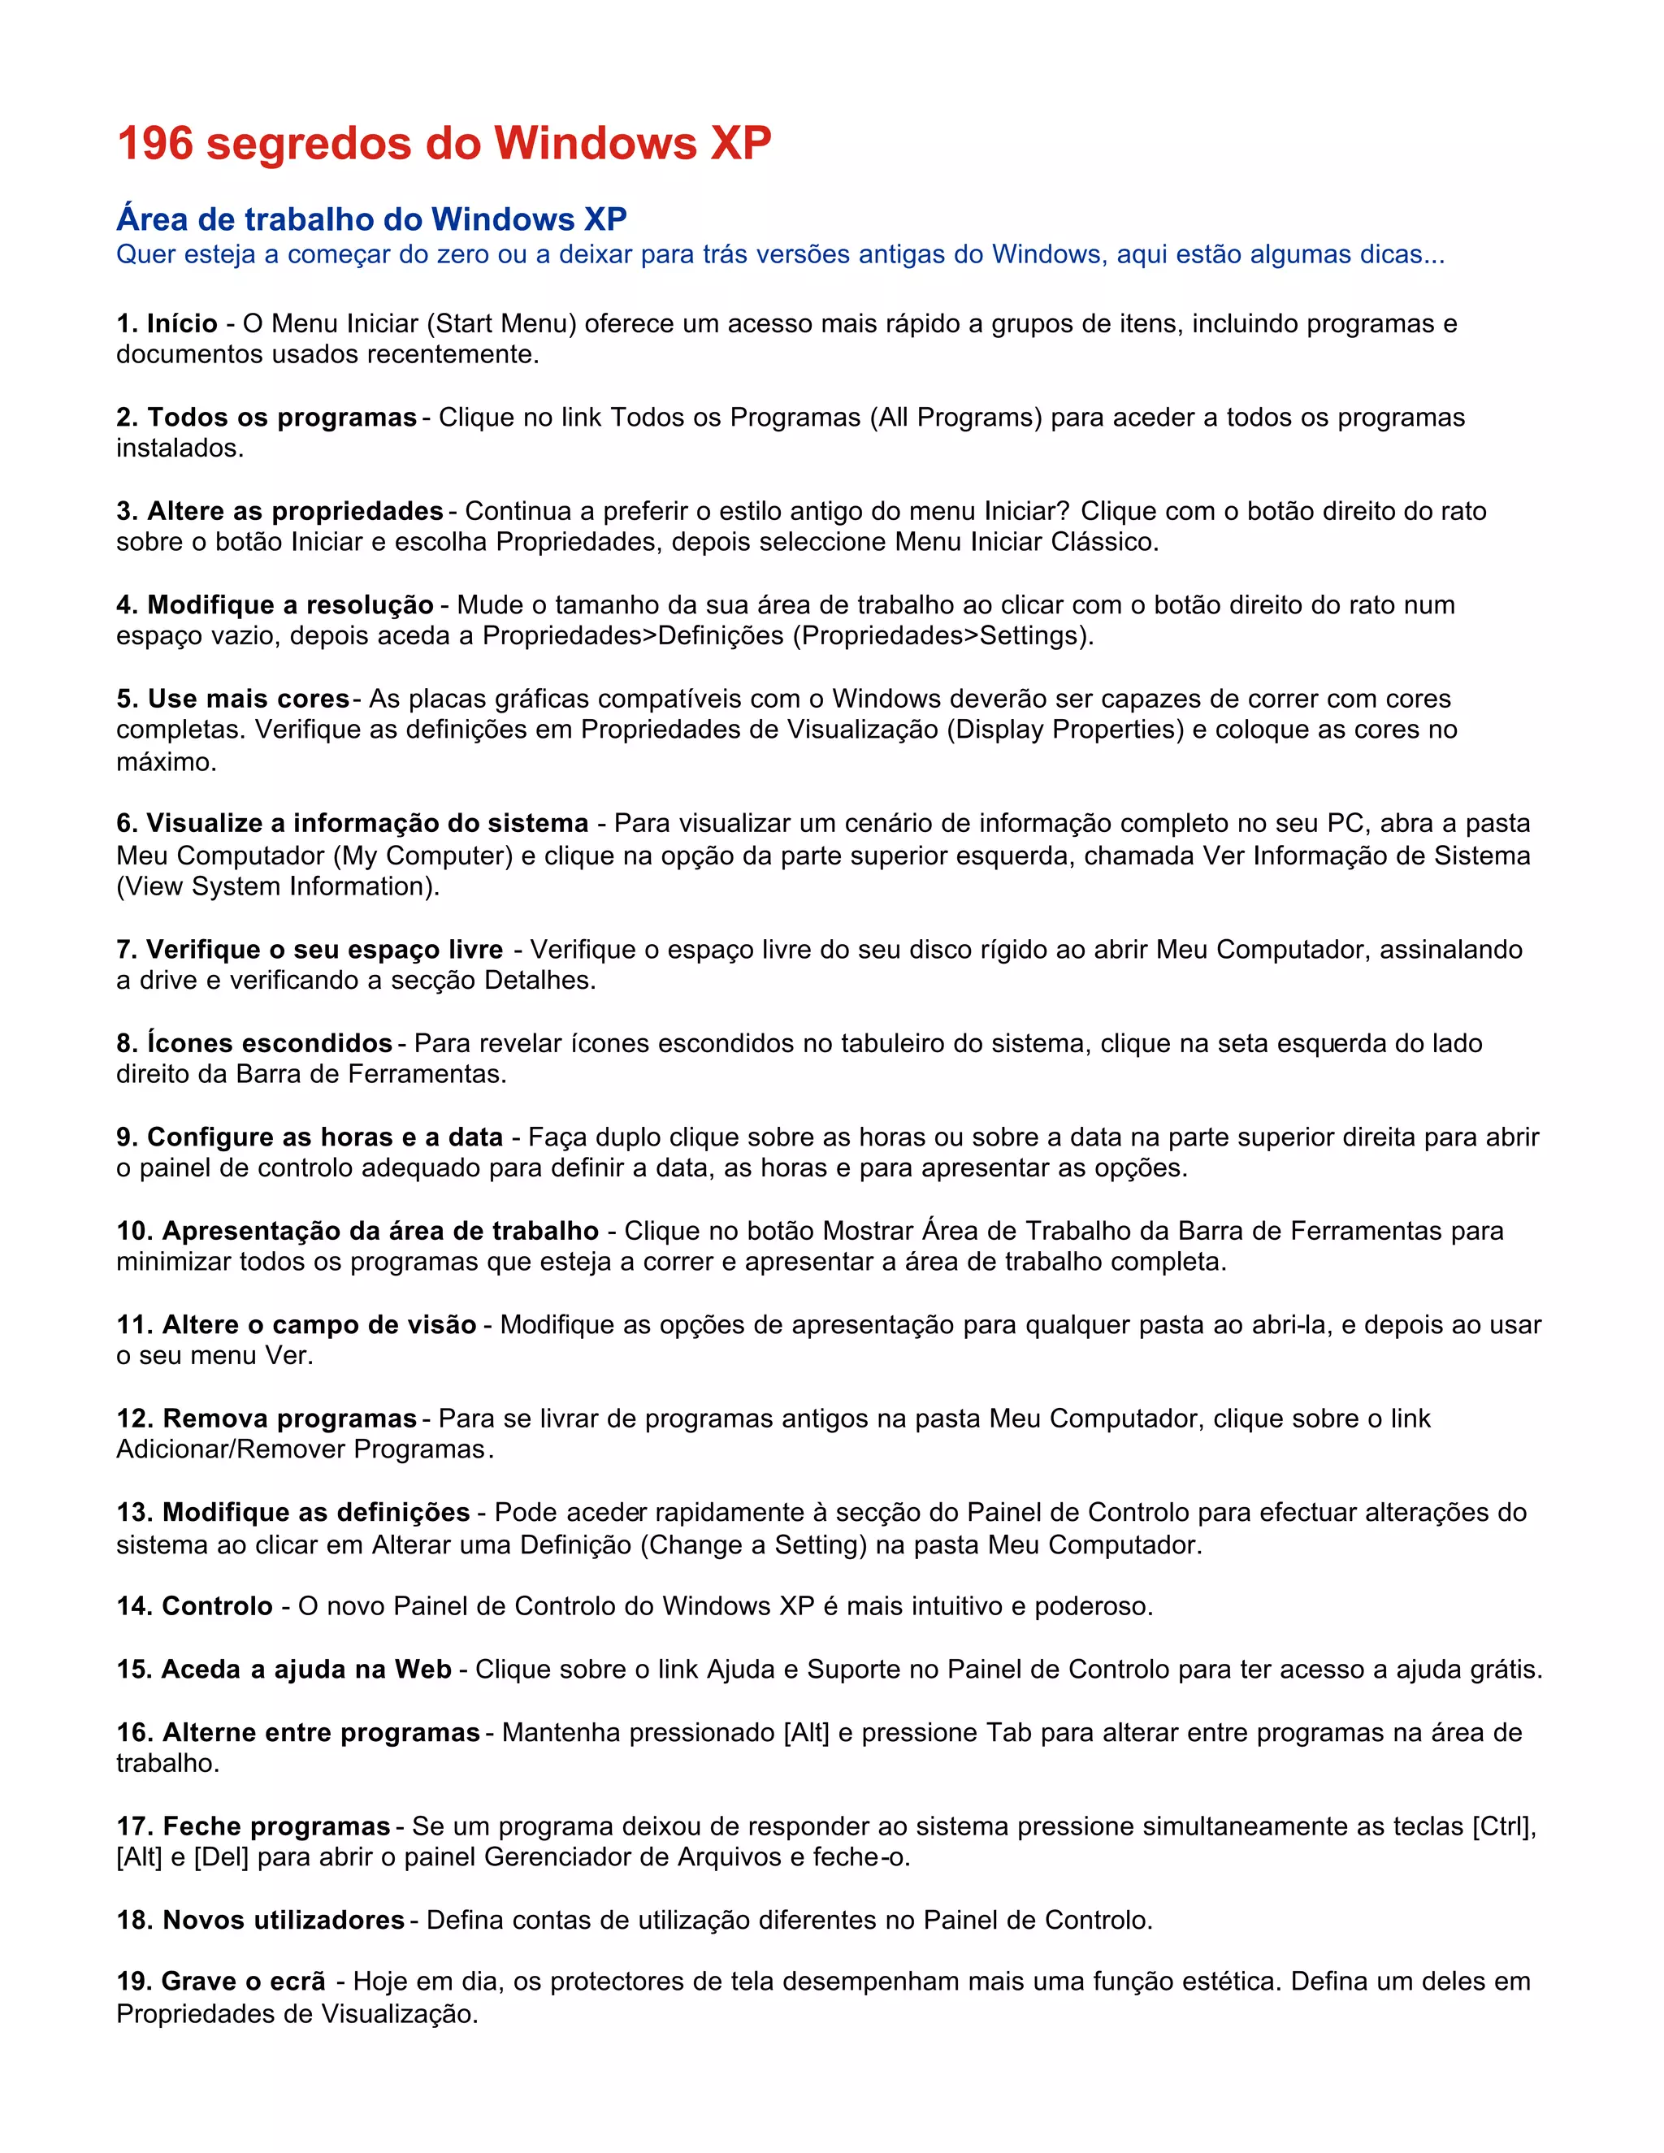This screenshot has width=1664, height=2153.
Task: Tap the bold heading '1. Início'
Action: tap(167, 323)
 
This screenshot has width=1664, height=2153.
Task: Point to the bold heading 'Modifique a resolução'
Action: tap(291, 604)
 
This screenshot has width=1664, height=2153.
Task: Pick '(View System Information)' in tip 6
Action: tap(276, 886)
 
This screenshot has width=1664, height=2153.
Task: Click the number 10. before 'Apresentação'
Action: tap(135, 1230)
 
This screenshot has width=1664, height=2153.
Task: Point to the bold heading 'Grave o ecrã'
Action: tap(242, 1982)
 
